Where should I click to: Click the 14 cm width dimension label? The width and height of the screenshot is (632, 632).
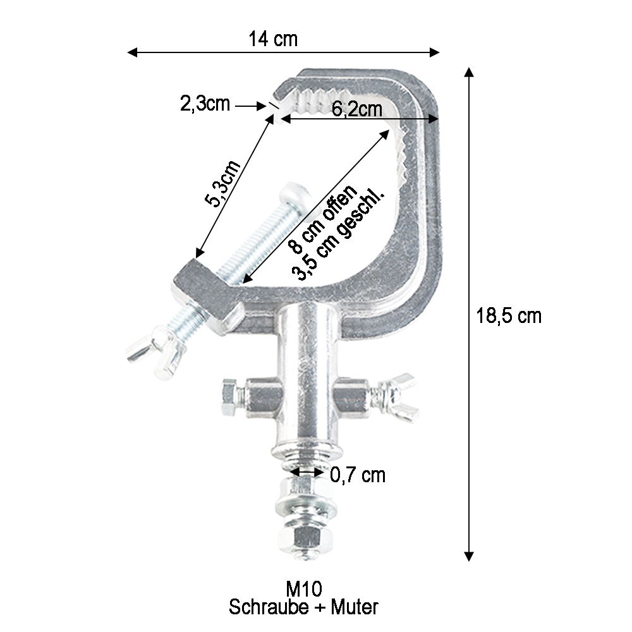[x=273, y=39]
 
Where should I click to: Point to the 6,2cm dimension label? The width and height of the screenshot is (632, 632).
[x=357, y=109]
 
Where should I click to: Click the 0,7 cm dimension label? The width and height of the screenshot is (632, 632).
[x=358, y=474]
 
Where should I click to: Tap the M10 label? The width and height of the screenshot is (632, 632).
[x=304, y=589]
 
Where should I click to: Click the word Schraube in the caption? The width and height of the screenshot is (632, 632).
[x=264, y=608]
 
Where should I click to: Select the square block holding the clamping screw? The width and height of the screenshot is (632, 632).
[x=206, y=291]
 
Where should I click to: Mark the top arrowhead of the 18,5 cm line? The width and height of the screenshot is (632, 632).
[x=468, y=71]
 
